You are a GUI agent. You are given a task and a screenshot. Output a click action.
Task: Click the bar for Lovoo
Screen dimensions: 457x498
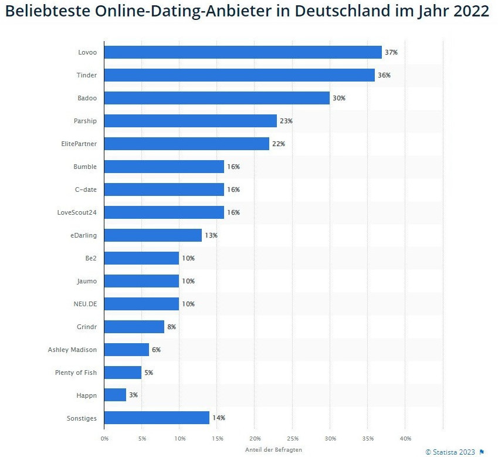point(243,52)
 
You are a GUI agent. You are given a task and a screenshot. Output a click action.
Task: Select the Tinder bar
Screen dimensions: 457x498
point(239,75)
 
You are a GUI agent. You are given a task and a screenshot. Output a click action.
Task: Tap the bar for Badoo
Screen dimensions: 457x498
point(217,98)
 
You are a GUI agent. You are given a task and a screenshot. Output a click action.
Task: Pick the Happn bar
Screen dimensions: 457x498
point(116,395)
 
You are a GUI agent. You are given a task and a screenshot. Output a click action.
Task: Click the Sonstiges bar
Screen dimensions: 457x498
point(157,418)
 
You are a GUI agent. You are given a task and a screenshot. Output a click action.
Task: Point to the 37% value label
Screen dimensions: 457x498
point(391,52)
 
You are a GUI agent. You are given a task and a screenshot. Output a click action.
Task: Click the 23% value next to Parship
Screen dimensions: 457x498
point(286,121)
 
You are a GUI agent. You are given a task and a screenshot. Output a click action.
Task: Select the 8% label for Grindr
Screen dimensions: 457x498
point(171,327)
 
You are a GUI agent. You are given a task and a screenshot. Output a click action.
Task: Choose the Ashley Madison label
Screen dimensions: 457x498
point(72,350)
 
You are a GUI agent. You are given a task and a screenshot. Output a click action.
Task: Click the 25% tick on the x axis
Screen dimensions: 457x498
point(293,438)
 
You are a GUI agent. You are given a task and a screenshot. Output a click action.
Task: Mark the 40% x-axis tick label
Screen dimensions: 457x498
point(405,438)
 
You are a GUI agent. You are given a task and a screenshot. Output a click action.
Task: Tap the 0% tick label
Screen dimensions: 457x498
point(104,438)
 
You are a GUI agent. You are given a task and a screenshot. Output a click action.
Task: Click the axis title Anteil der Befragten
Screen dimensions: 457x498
point(273,449)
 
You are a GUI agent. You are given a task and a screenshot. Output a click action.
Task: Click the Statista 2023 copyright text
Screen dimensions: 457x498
point(450,452)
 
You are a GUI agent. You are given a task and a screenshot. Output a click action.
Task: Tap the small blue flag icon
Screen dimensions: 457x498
point(482,452)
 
